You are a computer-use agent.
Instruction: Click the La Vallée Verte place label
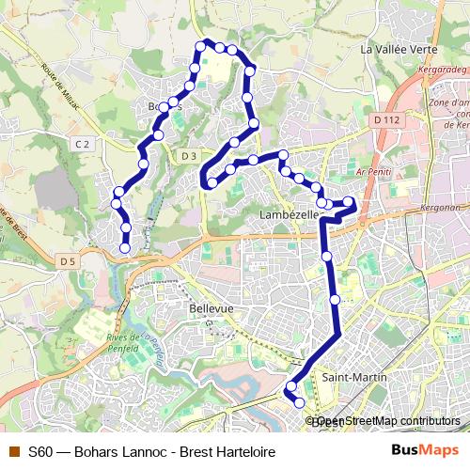point(399,49)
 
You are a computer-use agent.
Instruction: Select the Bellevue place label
point(211,308)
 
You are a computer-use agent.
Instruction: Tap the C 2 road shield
point(83,143)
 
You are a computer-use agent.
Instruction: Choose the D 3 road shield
point(189,155)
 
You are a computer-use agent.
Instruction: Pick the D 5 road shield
point(66,260)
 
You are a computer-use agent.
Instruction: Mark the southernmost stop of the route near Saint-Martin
point(300,402)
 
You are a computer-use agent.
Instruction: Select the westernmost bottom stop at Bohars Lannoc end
point(125,248)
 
